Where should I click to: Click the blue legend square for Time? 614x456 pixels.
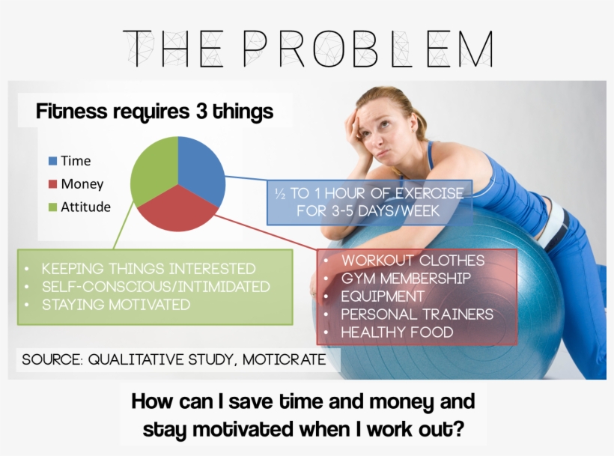[x=52, y=161]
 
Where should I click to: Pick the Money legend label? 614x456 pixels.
[x=82, y=184]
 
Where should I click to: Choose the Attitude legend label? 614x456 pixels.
[x=86, y=207]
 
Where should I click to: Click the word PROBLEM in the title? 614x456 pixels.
[x=368, y=49]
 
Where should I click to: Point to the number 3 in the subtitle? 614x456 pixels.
[x=201, y=112]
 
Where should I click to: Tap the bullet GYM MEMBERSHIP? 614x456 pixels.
[x=406, y=279]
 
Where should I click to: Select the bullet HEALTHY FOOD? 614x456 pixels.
[x=397, y=332]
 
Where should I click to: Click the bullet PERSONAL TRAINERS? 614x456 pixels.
[x=417, y=314]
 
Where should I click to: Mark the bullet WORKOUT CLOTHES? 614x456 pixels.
[x=413, y=261]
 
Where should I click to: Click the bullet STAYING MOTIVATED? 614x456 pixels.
[x=116, y=305]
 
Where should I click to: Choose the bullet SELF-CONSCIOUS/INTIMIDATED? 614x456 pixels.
[x=156, y=287]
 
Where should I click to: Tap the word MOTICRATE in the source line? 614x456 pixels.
[x=284, y=359]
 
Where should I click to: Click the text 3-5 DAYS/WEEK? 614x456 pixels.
[x=386, y=211]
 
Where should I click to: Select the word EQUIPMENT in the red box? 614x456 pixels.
[x=383, y=297]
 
